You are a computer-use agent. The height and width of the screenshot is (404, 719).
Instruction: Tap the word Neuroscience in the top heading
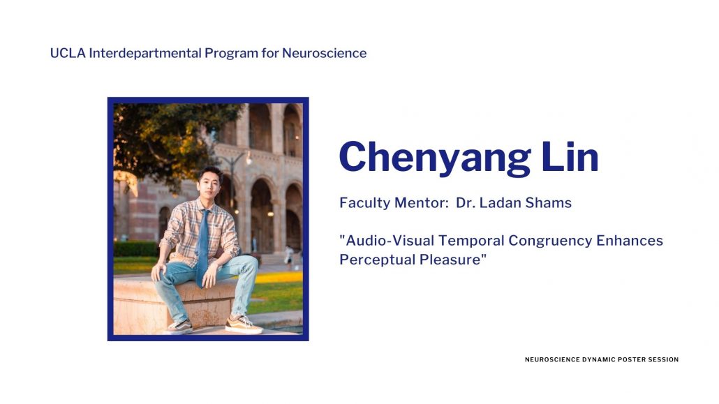coord(324,53)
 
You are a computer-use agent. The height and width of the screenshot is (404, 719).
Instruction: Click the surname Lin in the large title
coord(570,156)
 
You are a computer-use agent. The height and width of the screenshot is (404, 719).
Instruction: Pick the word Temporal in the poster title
coord(471,241)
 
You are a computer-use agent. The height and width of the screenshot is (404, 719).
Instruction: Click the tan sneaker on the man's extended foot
coord(244,325)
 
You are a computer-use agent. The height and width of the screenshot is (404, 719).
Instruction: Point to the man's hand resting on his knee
coord(158,271)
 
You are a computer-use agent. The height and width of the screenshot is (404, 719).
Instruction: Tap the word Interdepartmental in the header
coord(145,53)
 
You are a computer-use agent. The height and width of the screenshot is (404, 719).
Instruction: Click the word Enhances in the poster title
coord(630,240)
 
